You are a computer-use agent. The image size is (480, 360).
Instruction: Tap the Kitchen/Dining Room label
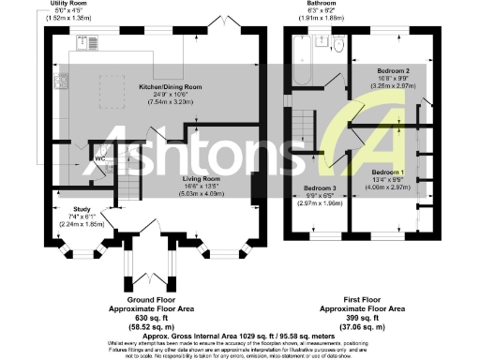157,85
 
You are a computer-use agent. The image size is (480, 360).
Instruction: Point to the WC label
99,157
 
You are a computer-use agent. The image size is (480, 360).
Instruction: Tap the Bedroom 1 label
387,173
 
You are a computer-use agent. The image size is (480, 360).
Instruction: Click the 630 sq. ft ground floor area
139,317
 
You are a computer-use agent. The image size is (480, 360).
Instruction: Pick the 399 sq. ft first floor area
362,317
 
